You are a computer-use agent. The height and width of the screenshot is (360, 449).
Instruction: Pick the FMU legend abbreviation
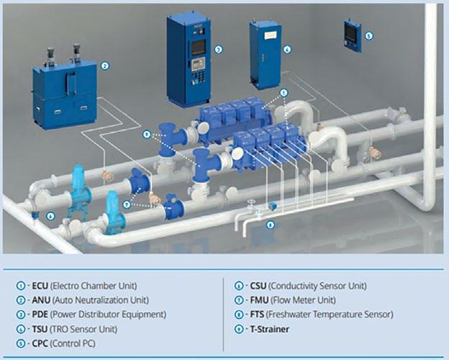[x=258, y=300]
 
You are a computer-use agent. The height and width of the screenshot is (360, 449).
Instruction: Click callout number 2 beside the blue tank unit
[x=105, y=66]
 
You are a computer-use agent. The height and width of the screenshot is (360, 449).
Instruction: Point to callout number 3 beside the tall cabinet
[x=218, y=50]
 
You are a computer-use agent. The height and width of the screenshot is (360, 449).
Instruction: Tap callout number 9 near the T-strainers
[x=146, y=135]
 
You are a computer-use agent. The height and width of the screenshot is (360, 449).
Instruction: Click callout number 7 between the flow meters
[x=127, y=204]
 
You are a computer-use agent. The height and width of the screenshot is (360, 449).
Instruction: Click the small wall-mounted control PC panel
[x=353, y=32]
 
